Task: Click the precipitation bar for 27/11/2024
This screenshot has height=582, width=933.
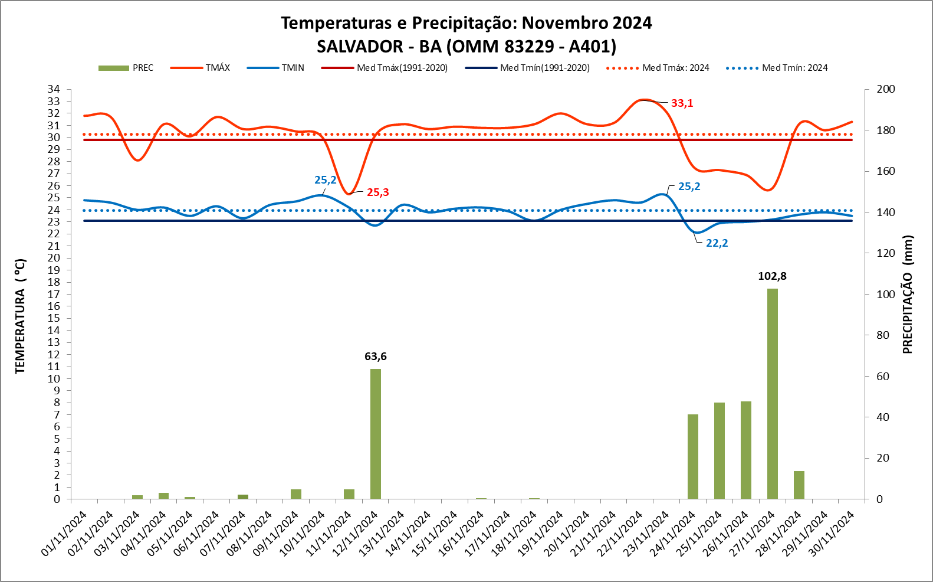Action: [772, 394]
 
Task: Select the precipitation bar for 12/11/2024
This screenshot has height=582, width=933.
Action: [376, 434]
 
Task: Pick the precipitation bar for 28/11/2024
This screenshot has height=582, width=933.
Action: [799, 485]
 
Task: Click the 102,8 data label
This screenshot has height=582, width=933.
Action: [772, 276]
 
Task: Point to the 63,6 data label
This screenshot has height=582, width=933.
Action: [376, 357]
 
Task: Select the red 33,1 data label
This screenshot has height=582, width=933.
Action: [682, 103]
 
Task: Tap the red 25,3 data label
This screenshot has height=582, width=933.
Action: [377, 192]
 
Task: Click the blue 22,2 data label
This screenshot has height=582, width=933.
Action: [717, 243]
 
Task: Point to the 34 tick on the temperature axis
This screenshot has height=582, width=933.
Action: [54, 89]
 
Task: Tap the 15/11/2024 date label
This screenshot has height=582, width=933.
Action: [435, 533]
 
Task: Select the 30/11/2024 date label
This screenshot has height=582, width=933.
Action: [832, 533]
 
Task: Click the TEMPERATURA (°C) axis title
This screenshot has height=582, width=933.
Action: [21, 316]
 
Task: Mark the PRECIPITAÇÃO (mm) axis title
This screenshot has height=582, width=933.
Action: [908, 295]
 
